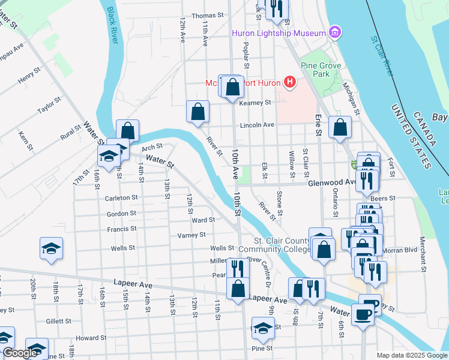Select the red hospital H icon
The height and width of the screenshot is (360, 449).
coord(291,82)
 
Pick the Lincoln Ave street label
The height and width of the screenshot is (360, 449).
coord(256,125)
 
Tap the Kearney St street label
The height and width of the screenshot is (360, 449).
coord(255,103)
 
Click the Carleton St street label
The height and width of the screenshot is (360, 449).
coord(121,197)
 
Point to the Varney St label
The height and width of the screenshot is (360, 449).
coord(191,235)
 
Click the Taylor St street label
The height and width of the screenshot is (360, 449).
coord(50,104)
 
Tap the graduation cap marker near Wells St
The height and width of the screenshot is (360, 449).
coord(51,248)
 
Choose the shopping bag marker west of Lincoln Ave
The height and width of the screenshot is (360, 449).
coord(198,112)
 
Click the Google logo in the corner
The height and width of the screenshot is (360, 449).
coord(20,353)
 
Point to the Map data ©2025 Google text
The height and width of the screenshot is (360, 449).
coord(412,355)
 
